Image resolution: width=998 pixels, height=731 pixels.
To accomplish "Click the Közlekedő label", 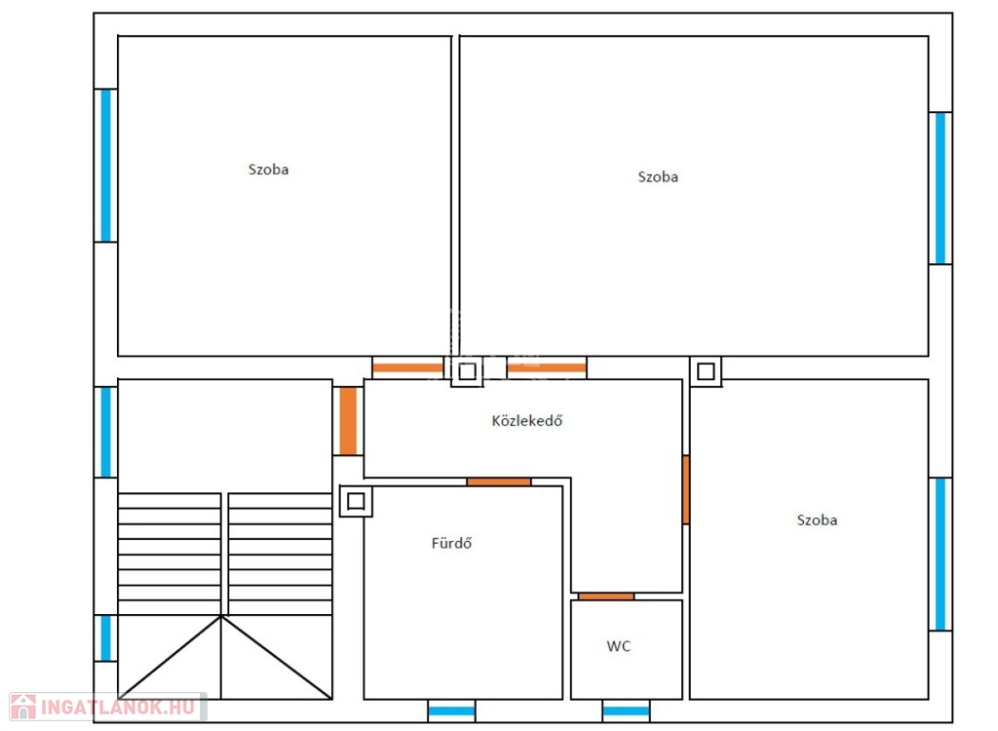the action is point(527,420).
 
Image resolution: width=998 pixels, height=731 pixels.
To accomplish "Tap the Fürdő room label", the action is point(451,543).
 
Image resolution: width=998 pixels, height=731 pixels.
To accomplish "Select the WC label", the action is point(619,646).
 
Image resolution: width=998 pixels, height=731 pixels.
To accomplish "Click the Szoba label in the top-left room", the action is point(268,170).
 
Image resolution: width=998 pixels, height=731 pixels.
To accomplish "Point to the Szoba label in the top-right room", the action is point(658,177).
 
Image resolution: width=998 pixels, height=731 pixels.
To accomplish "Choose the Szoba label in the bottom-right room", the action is point(817,520).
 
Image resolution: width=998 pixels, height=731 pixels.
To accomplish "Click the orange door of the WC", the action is point(606,596).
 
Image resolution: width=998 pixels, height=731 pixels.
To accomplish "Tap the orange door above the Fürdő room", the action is point(498,482).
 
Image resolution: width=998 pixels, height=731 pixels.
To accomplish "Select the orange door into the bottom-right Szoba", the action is point(685,489).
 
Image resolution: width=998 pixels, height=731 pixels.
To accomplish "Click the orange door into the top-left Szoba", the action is point(408,367).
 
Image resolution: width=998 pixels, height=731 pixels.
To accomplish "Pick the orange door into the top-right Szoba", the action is point(546,367).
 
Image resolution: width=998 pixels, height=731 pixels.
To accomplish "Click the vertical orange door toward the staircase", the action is point(348,421).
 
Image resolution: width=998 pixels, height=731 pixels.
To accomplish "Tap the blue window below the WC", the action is point(627,711).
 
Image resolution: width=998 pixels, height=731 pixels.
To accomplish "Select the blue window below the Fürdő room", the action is point(451,711).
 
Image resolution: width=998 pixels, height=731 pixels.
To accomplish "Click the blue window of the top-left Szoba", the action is point(105,166).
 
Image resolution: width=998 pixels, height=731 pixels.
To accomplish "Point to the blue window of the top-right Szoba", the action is point(940,188).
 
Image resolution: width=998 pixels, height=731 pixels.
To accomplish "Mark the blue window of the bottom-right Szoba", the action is point(940,554).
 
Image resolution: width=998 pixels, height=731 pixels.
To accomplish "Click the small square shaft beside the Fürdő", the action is point(356,502).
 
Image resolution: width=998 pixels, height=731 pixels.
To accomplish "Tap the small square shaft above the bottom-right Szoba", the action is point(706,371).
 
